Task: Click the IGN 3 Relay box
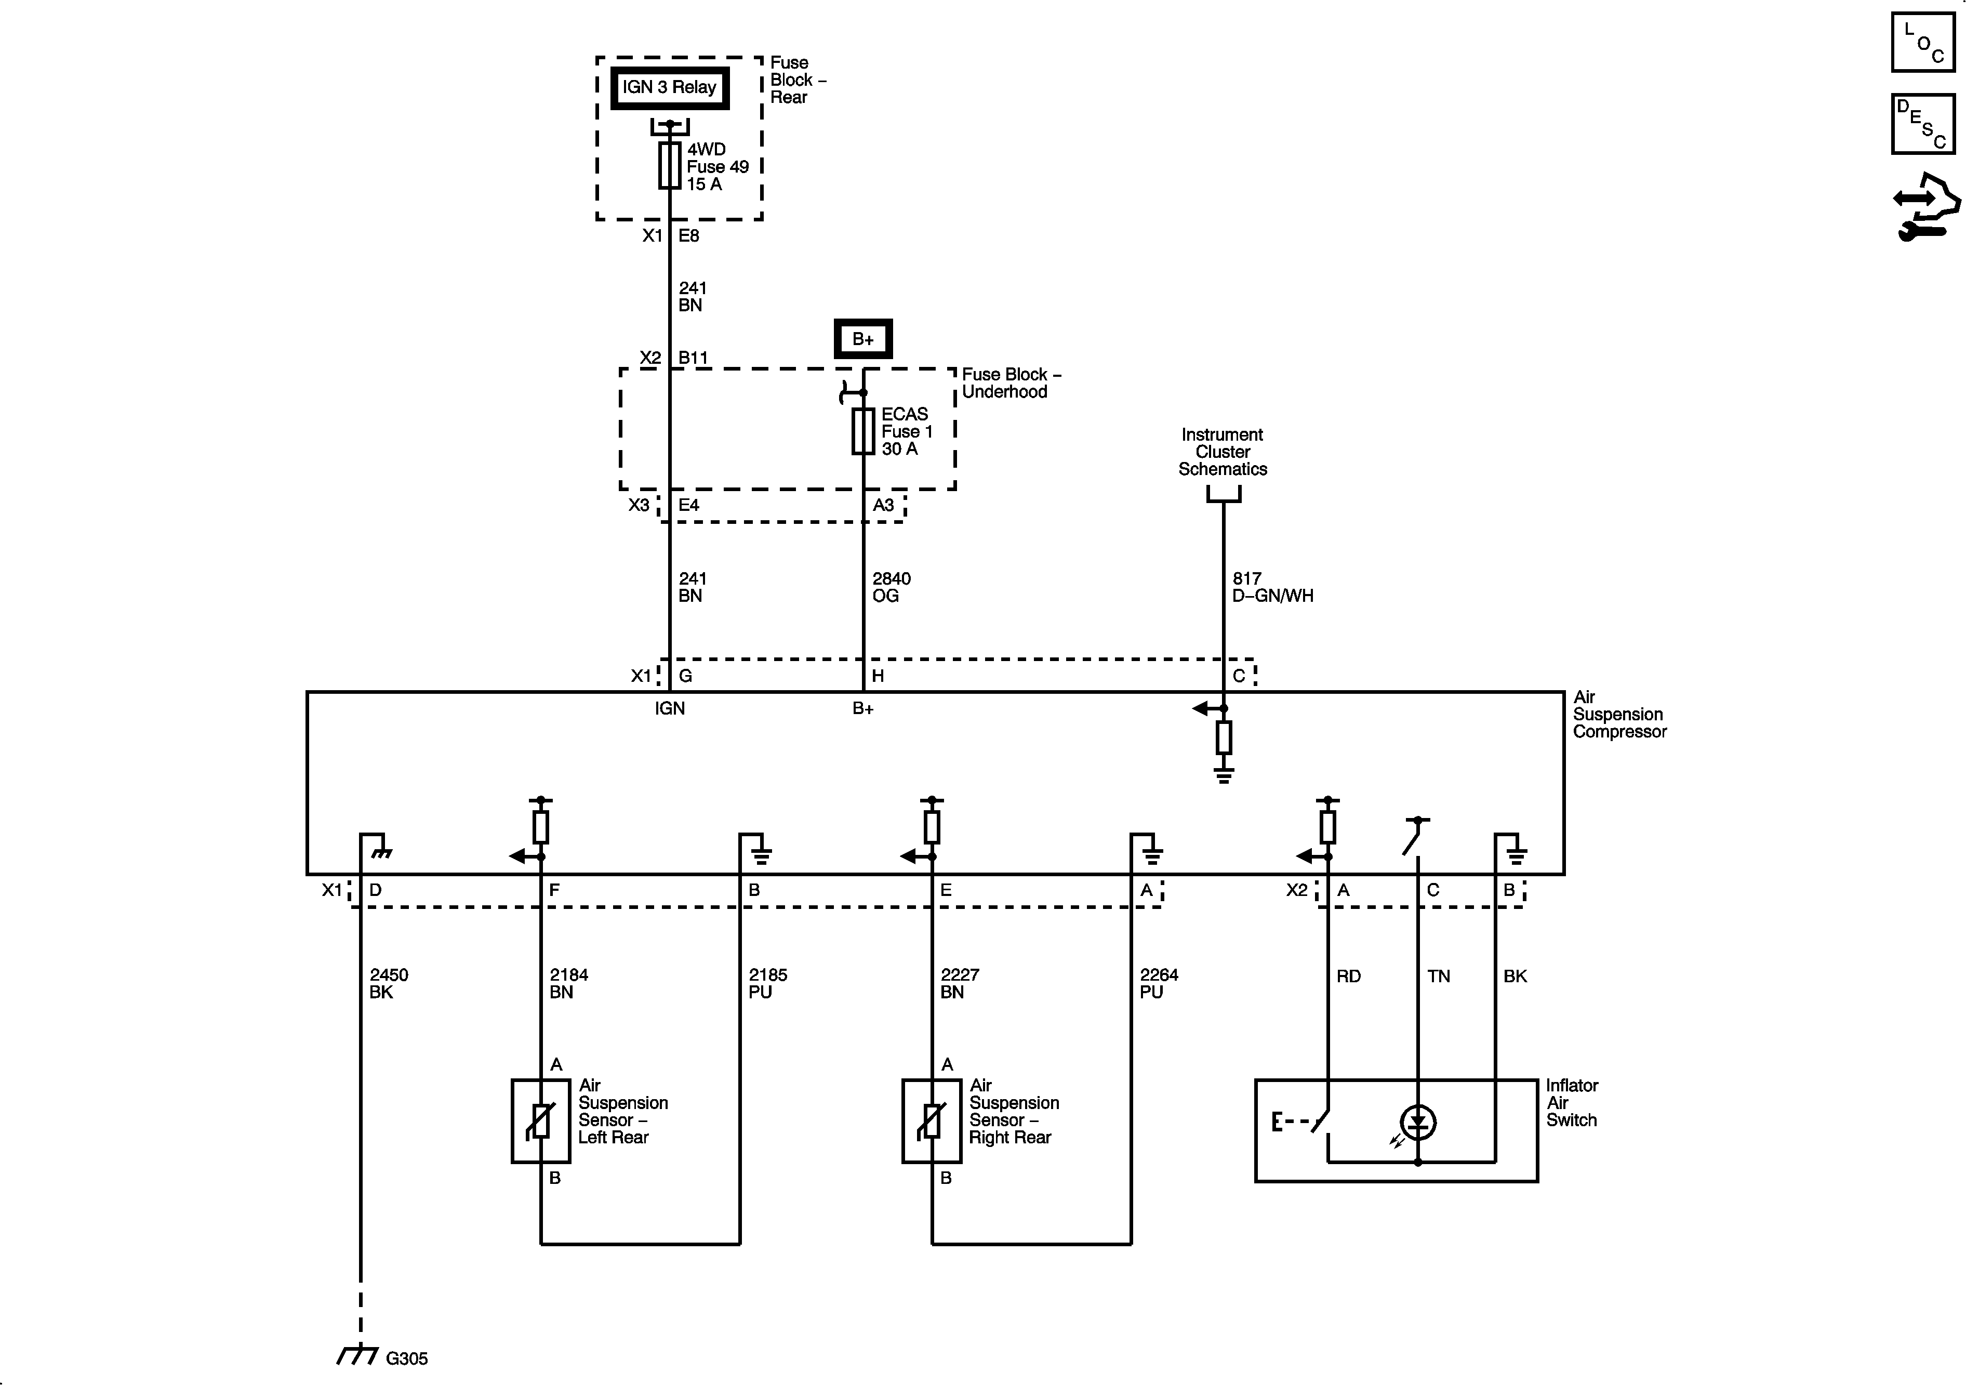[x=670, y=87]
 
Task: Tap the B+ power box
[x=863, y=339]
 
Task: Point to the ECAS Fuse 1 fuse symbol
[x=863, y=431]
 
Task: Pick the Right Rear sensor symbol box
[x=932, y=1120]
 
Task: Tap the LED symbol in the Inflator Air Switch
[x=1418, y=1122]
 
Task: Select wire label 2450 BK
[x=389, y=983]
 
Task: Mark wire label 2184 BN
[x=568, y=983]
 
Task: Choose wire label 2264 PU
[x=1159, y=983]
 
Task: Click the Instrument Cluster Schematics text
[x=1223, y=452]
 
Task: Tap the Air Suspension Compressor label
[x=1619, y=715]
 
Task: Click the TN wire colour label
[x=1439, y=975]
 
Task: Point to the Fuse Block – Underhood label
[x=1011, y=383]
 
